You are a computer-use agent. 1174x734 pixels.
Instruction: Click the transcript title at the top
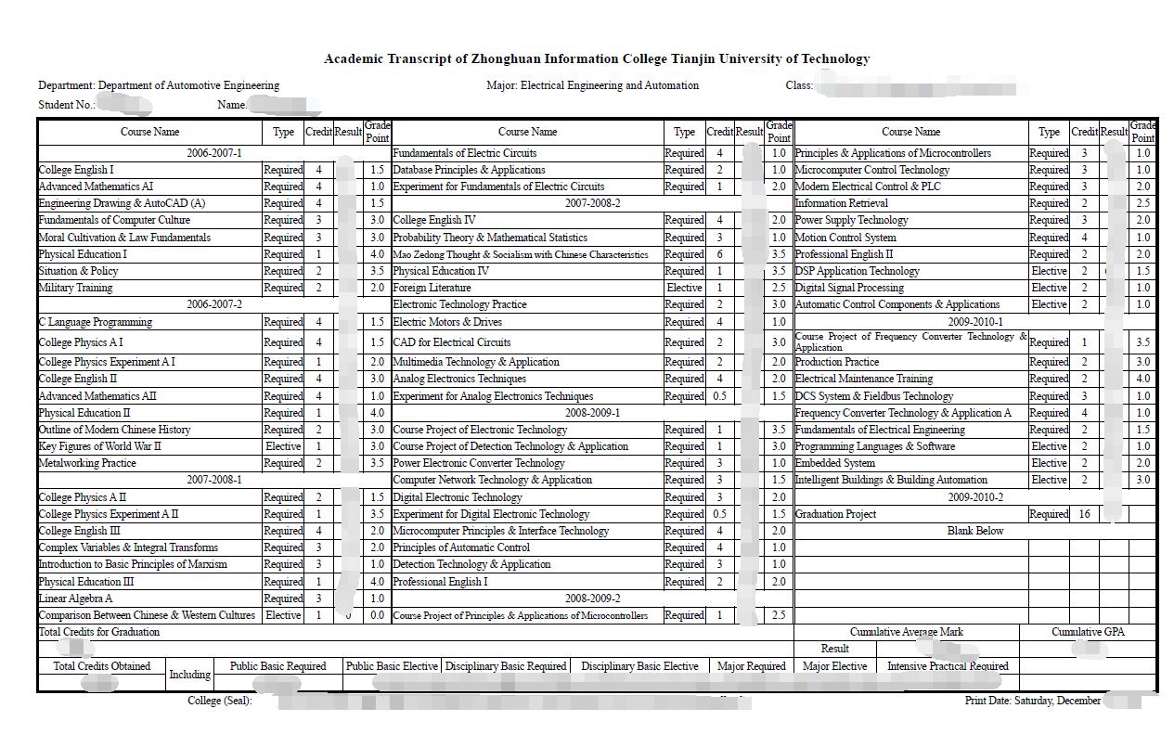coord(597,58)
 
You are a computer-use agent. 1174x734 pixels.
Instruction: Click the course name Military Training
coord(75,288)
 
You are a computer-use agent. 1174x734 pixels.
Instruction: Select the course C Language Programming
coord(95,322)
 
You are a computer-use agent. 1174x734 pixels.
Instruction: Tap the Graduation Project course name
coord(835,514)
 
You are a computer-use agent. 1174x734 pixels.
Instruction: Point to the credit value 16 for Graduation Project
coord(1084,514)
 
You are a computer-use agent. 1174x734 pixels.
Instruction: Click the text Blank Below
coord(974,531)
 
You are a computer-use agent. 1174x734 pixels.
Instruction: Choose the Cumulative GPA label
coord(1088,632)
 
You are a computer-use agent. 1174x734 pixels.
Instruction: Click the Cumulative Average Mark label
coord(906,632)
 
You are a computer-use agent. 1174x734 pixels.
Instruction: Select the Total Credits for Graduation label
coord(98,632)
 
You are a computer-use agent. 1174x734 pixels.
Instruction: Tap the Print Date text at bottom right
coord(1032,701)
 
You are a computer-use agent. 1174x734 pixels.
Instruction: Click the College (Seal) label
coord(219,701)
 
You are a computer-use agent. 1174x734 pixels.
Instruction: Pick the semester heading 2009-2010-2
coord(974,497)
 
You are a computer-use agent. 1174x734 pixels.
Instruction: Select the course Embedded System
coord(834,463)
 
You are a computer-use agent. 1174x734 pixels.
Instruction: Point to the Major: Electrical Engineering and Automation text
coord(592,85)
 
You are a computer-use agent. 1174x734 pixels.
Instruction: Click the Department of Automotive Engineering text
coord(188,85)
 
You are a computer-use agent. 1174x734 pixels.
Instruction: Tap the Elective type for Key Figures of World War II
coord(283,446)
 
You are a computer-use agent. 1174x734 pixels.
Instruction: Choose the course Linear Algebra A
coord(75,599)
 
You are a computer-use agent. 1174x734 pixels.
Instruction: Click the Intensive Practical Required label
coord(948,666)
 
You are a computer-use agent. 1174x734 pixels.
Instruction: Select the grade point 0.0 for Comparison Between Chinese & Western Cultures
coord(377,615)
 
